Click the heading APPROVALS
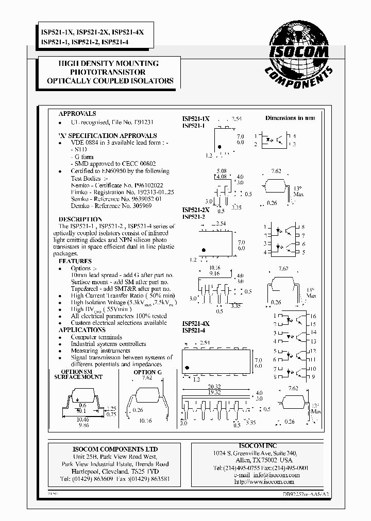(x=77, y=114)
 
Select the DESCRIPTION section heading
(x=77, y=219)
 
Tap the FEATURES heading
(x=75, y=261)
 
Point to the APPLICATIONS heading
(x=82, y=329)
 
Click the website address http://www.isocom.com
(x=263, y=482)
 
